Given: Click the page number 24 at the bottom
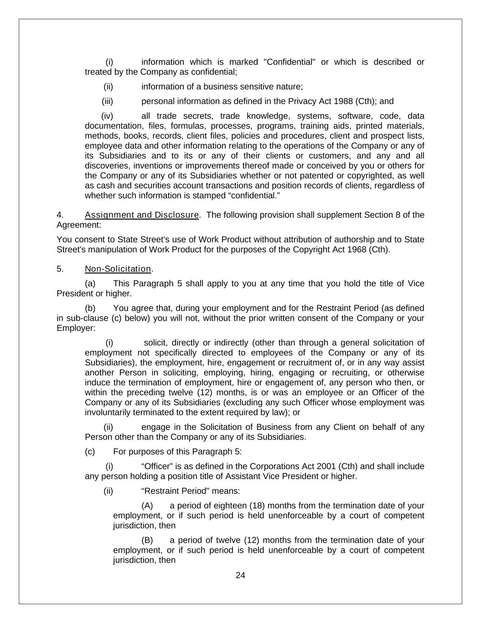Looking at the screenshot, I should point(240,576).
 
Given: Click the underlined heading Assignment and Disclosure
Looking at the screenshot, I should point(142,215).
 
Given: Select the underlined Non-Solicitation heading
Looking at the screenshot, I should point(118,269).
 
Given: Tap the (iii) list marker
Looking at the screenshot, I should point(107,101).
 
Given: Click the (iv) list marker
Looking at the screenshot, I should point(107,116).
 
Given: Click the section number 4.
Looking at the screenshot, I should point(60,215).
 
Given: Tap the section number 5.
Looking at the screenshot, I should point(60,269).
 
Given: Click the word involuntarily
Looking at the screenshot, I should point(108,413).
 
